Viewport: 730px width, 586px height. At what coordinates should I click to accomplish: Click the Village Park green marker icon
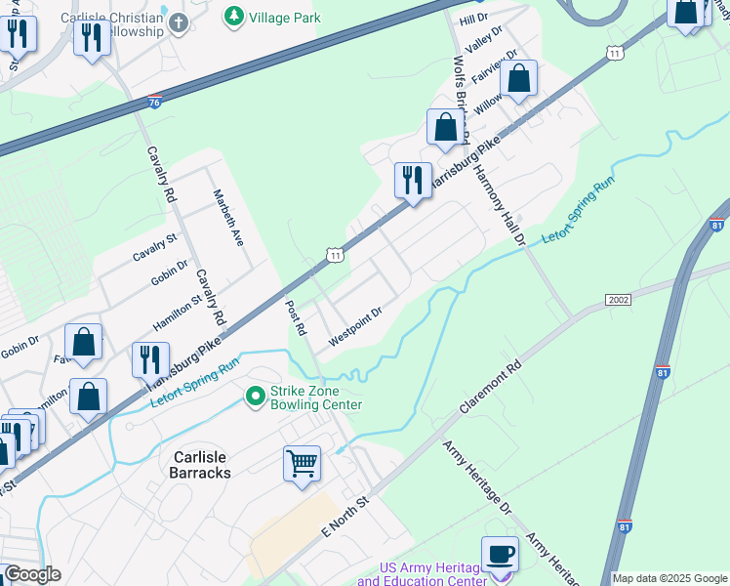coord(234,16)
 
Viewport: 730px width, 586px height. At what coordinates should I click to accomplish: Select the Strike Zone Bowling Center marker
coord(256,396)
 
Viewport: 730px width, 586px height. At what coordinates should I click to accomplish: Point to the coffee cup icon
coord(501,554)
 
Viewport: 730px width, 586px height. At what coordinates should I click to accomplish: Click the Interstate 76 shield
coord(155,102)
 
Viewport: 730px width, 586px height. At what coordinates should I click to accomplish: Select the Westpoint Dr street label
coord(354,327)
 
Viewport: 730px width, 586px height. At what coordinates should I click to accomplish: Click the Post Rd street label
coord(296,315)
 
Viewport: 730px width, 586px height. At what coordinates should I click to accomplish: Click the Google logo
coord(31,574)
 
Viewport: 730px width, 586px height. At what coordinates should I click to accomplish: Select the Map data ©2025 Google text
coord(669,578)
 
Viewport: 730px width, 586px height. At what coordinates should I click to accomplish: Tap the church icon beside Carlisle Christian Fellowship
coord(178,24)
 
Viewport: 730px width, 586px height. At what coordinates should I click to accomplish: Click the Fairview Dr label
coord(487,70)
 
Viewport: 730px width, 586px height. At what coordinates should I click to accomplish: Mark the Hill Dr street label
coord(473,20)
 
